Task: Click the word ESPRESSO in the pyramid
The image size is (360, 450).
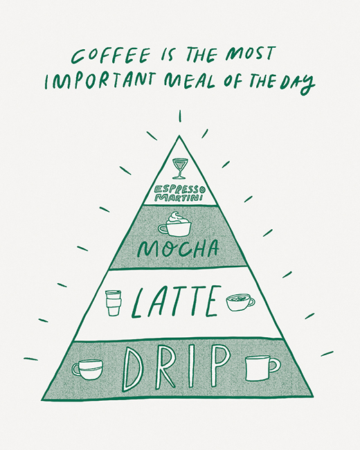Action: tap(180, 190)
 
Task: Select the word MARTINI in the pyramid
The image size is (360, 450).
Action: tap(179, 197)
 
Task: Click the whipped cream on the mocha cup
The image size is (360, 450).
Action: tap(175, 218)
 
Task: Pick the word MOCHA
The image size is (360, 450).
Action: tap(177, 249)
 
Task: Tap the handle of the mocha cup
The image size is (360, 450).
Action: tap(163, 229)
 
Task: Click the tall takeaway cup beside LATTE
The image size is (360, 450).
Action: tap(112, 303)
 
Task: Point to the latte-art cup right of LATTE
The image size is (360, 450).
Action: tap(240, 303)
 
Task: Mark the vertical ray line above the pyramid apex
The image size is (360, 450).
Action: tap(180, 116)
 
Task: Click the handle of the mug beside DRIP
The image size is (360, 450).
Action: tap(275, 365)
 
